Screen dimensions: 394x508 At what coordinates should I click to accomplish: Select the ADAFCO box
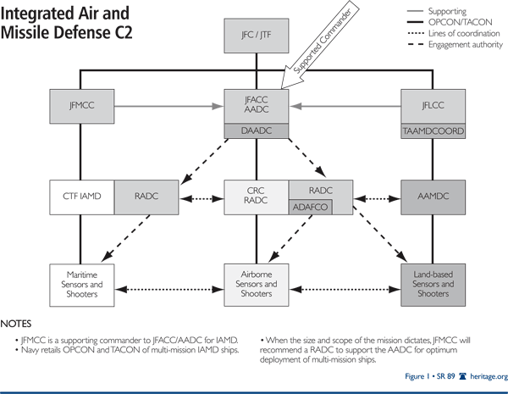pyautogui.click(x=311, y=205)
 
